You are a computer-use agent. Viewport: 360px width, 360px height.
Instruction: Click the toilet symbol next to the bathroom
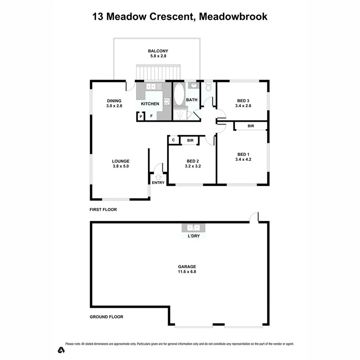[x=208, y=87]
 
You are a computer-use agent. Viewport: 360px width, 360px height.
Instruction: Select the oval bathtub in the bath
[x=179, y=95]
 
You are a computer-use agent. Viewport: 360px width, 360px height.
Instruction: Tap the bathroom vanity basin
[x=193, y=85]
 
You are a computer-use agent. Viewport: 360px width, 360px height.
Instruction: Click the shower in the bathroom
[x=180, y=114]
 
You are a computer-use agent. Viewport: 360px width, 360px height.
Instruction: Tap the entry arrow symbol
[x=158, y=176]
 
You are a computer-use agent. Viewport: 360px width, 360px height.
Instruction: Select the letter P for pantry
[x=141, y=116]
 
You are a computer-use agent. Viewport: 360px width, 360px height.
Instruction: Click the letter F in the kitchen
[x=151, y=116]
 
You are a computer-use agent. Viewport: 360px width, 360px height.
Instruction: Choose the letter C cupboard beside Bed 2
[x=173, y=140]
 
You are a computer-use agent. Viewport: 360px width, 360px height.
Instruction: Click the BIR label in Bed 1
[x=251, y=126]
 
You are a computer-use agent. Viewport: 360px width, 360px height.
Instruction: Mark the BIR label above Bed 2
[x=190, y=140]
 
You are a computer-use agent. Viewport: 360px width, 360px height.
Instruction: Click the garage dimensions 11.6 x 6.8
[x=179, y=272]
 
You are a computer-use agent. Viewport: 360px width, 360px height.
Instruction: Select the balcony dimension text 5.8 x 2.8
[x=158, y=56]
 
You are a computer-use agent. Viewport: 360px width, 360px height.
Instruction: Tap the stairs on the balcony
[x=158, y=73]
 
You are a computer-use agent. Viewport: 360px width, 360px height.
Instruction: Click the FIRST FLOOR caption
[x=103, y=210]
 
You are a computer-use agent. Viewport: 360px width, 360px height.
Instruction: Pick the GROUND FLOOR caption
[x=106, y=317]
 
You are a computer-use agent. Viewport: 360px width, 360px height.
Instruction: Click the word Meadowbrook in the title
[x=234, y=16]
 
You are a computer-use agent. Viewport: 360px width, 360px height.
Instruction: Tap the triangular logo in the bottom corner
[x=61, y=350]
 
